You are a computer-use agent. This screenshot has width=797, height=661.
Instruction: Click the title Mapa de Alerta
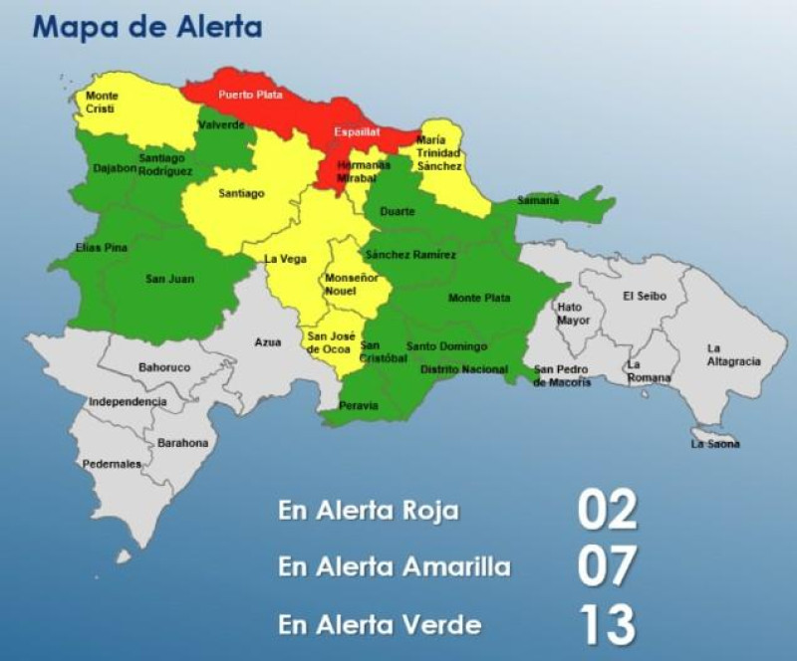pyautogui.click(x=147, y=26)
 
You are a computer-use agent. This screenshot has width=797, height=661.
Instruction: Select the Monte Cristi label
pyautogui.click(x=102, y=101)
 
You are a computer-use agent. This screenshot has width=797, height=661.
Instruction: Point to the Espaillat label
pyautogui.click(x=358, y=131)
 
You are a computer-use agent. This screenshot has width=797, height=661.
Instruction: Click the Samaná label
pyautogui.click(x=538, y=200)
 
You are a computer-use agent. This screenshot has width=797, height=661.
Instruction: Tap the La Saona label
pyautogui.click(x=715, y=443)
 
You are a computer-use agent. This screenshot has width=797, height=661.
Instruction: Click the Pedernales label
pyautogui.click(x=111, y=464)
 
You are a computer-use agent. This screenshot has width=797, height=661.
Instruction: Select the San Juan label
pyautogui.click(x=169, y=279)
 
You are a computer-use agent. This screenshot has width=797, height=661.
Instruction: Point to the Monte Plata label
pyautogui.click(x=479, y=298)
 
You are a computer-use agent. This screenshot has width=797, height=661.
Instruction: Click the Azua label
pyautogui.click(x=267, y=342)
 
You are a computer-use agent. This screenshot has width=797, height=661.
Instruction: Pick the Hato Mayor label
pyautogui.click(x=574, y=314)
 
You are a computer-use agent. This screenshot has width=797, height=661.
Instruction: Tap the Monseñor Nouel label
pyautogui.click(x=348, y=285)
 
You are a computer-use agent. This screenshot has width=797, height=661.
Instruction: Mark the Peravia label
pyautogui.click(x=359, y=406)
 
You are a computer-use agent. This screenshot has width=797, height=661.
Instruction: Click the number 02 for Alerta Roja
pyautogui.click(x=606, y=510)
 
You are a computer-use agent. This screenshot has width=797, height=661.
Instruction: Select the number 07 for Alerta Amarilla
pyautogui.click(x=606, y=566)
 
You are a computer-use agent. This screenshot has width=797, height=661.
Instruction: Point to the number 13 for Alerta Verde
pyautogui.click(x=606, y=624)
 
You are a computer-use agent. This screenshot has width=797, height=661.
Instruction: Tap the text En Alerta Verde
pyautogui.click(x=380, y=624)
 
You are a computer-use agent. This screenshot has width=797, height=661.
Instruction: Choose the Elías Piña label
pyautogui.click(x=102, y=247)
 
